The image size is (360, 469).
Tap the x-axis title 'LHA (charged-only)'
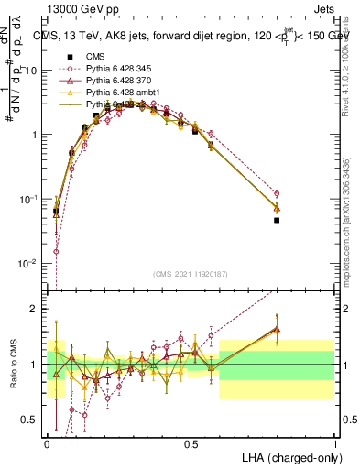tap(287, 456)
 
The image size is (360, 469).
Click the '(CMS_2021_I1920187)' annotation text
tap(191, 274)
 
